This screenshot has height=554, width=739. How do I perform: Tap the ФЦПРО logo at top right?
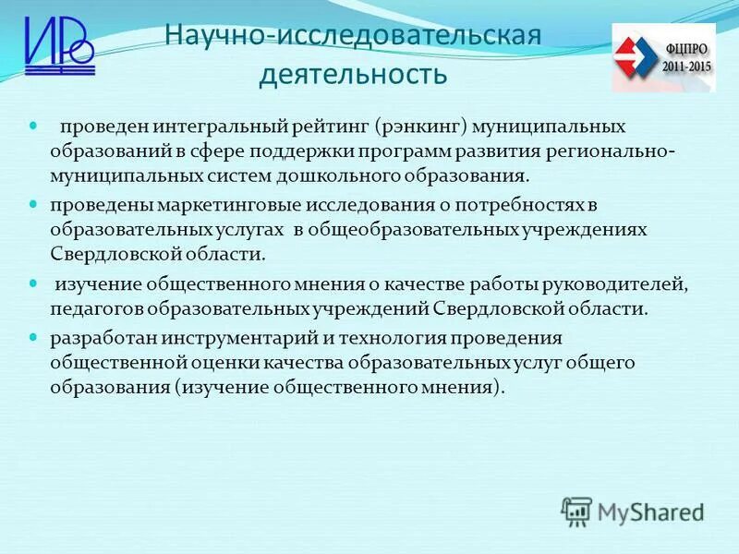tap(662, 57)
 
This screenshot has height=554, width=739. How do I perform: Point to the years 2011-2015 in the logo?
tap(687, 67)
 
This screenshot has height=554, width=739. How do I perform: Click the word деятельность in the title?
tap(353, 74)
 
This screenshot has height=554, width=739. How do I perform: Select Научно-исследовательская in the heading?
tap(352, 37)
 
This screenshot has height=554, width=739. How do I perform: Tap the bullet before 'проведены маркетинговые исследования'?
tap(35, 202)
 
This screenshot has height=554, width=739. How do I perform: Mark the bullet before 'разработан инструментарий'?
tap(35, 337)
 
